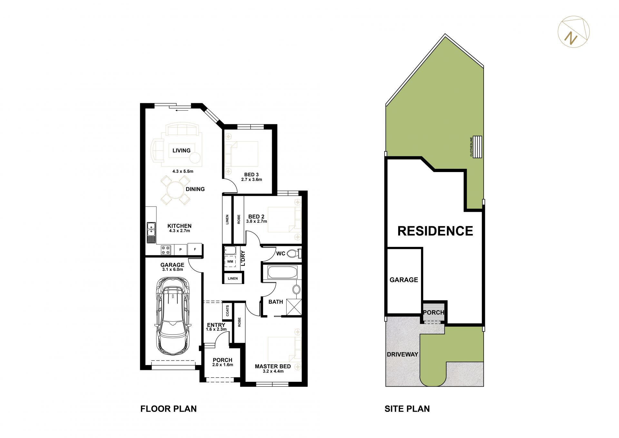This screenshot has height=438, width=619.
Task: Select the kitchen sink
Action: click(x=151, y=232)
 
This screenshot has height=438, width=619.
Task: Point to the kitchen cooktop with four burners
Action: click(x=166, y=250)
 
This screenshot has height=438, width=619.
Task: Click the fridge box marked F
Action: click(x=195, y=249)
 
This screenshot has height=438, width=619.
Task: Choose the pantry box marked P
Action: click(x=181, y=250)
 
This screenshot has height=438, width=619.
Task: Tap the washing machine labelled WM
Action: click(x=230, y=261)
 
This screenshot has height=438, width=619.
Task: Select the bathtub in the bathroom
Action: click(x=282, y=272)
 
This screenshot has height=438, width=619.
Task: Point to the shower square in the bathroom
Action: click(x=294, y=307)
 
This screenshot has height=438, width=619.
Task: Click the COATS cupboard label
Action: click(x=228, y=311)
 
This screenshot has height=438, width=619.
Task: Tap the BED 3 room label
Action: click(x=251, y=175)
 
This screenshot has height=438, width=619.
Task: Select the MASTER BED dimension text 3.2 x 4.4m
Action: click(x=273, y=371)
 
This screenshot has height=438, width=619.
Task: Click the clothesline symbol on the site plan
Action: click(x=477, y=147)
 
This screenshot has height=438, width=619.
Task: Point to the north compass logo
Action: click(x=574, y=32)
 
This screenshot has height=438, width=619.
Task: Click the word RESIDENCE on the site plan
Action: click(x=435, y=231)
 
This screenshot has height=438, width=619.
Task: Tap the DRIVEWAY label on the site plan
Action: click(x=402, y=354)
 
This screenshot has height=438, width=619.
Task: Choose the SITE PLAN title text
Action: click(x=407, y=409)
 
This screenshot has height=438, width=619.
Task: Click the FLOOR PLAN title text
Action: click(x=168, y=409)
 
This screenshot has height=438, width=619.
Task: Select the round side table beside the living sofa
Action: click(x=195, y=158)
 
